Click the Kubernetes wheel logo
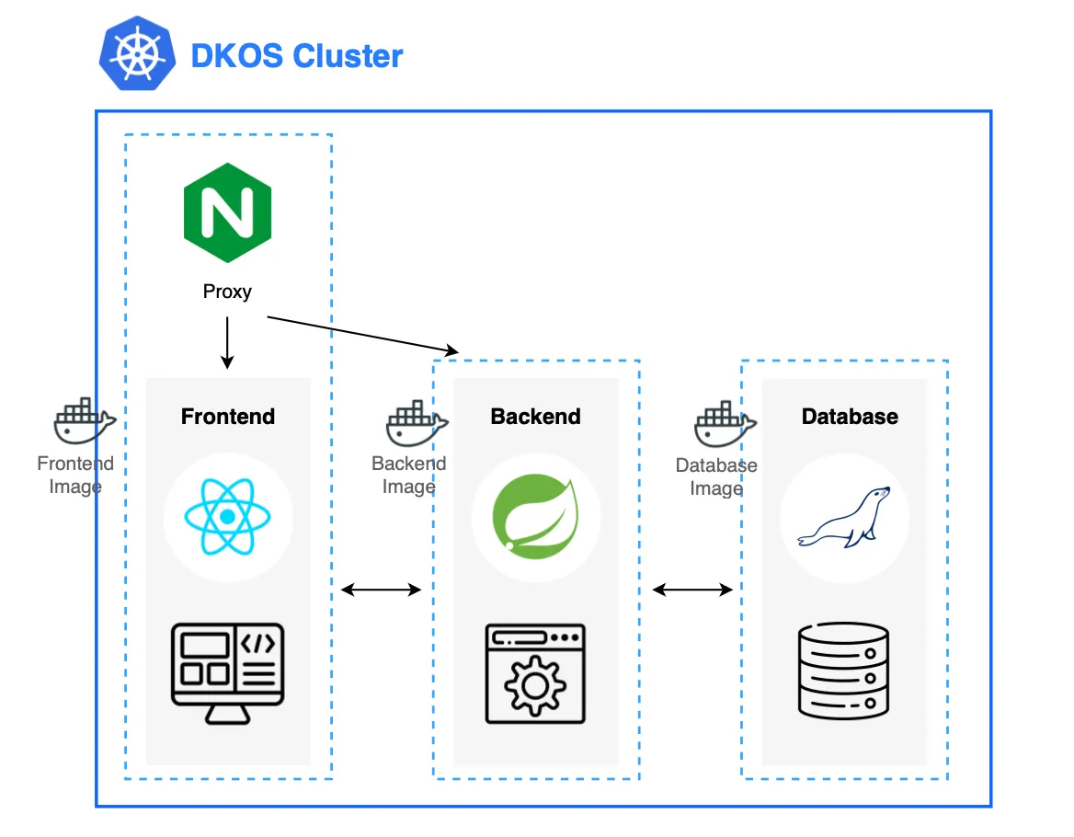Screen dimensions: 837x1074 tap(137, 54)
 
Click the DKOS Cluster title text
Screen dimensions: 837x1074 tap(296, 56)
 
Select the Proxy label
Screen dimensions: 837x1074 tap(227, 292)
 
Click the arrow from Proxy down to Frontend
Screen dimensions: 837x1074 tap(227, 342)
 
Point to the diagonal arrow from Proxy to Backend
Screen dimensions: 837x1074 tap(362, 334)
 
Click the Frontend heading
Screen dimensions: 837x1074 tap(228, 417)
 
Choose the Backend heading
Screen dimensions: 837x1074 tap(535, 417)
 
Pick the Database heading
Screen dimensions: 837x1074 tap(850, 417)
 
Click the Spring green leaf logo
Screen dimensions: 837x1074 tap(535, 519)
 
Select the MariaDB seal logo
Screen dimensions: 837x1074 tap(844, 519)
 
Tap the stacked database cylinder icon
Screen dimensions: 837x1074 tap(843, 671)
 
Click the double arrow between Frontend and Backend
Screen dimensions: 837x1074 tap(382, 590)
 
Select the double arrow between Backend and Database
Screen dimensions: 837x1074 tap(692, 590)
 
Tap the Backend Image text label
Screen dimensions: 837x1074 tap(408, 475)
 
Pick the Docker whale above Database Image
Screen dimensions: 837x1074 tap(725, 424)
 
